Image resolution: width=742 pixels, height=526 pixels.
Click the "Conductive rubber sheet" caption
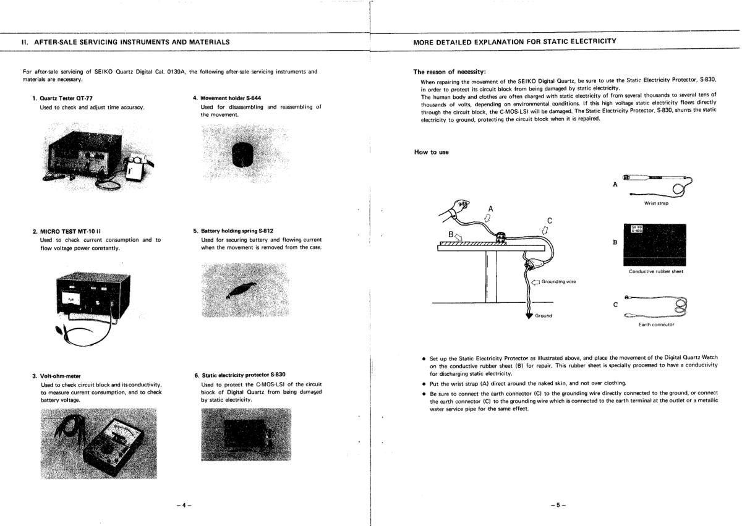click(655, 271)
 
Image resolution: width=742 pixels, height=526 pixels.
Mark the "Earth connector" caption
click(656, 325)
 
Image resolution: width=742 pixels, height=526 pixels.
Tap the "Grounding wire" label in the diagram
click(558, 282)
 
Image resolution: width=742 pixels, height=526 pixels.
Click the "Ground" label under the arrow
click(544, 316)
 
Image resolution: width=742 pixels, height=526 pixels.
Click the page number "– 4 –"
click(184, 505)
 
